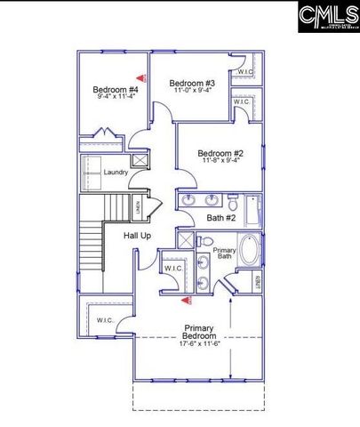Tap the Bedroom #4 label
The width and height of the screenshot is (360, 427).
point(116,89)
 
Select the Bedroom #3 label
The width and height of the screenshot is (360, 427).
point(193,83)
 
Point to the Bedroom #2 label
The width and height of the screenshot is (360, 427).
point(220,152)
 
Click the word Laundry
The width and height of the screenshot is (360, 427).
point(116,172)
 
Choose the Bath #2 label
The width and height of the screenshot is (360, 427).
point(220,217)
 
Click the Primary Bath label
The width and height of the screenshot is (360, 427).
point(224,254)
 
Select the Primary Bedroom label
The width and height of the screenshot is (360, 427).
point(199,332)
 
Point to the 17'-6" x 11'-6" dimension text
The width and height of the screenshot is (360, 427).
point(199,343)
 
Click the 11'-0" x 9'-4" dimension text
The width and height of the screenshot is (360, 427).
point(192,91)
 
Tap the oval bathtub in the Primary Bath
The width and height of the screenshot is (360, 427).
point(250,252)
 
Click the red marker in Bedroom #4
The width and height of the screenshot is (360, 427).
point(139,78)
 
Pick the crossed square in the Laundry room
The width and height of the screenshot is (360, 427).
point(138,160)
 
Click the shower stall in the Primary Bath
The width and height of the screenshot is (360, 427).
point(184,240)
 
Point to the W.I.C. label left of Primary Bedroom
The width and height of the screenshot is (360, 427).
point(105,320)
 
